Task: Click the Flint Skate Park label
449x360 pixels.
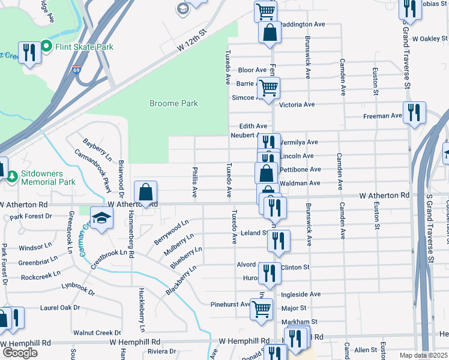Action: pos(84,46)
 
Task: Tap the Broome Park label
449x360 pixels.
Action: pos(173,103)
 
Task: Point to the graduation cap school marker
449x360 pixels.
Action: pos(101,219)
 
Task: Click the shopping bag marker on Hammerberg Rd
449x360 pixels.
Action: pos(145,194)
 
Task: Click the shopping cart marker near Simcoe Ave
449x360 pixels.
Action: pos(268,89)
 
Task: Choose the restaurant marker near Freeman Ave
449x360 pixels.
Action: pos(414,113)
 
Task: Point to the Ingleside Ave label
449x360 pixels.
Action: pos(301,295)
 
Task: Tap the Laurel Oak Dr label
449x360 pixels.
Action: pos(60,308)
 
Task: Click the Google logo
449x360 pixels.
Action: pos(20,352)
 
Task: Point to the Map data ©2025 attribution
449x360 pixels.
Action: pos(424,355)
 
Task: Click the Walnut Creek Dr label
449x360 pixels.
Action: pos(97,332)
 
